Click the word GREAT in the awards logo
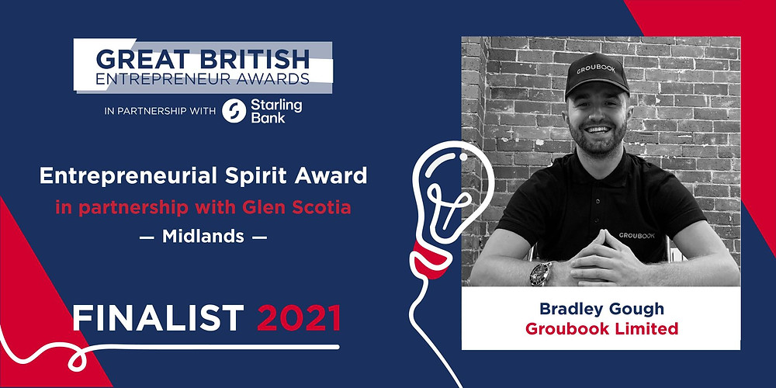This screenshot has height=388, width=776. tap(138, 60)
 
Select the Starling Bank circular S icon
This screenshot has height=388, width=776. tap(234, 111)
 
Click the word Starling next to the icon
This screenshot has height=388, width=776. tap(276, 105)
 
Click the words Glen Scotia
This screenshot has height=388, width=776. tap(297, 207)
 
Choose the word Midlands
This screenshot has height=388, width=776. tap(203, 237)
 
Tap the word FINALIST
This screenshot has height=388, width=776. tap(158, 317)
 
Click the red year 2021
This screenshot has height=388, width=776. tap(299, 317)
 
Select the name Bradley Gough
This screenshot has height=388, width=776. tap(601, 309)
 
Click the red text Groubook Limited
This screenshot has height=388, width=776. tap(601, 328)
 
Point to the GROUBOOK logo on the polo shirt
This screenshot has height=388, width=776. tap(636, 236)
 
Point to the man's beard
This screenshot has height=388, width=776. tap(595, 140)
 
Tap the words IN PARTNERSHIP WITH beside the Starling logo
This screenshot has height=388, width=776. tap(160, 111)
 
